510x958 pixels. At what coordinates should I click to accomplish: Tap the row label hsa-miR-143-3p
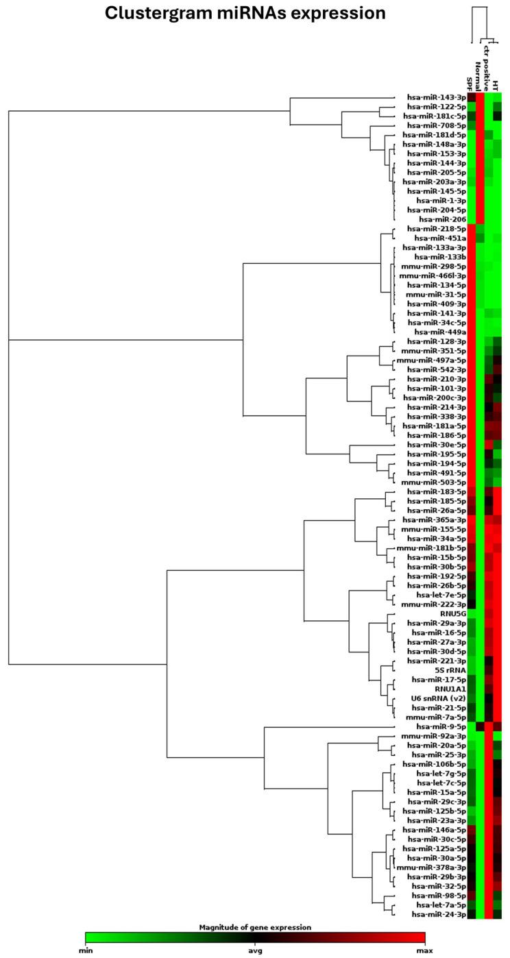436,97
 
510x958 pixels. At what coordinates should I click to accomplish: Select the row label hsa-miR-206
446,219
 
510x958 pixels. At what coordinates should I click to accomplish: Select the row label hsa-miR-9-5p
439,726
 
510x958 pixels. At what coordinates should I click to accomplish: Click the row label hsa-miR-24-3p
436,913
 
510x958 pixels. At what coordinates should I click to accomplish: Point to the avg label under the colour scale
256,953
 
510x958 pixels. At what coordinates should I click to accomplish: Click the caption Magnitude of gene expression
255,927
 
